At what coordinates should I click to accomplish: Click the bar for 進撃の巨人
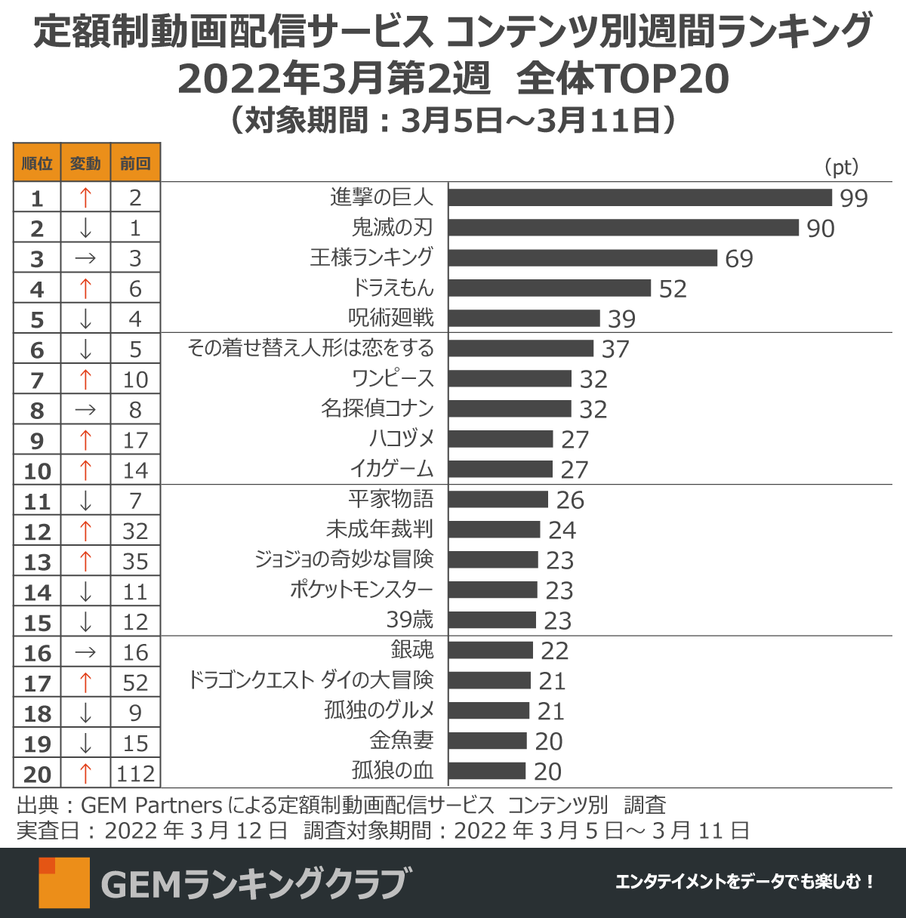639,197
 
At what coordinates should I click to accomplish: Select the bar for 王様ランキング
582,257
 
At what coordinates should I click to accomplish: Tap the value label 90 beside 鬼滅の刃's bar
820,228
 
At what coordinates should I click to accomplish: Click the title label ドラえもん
393,288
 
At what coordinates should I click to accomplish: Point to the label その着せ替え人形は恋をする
311,348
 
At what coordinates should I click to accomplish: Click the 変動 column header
85,163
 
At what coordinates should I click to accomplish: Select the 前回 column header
135,163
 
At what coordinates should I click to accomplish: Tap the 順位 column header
37,163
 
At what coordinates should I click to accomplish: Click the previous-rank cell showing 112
135,774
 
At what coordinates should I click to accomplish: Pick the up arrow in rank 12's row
85,531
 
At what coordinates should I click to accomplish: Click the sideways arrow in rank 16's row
85,652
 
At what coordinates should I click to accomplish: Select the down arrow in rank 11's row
85,501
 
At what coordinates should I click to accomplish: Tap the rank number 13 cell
37,562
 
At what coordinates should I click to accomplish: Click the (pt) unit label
840,167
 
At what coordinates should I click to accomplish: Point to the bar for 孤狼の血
487,771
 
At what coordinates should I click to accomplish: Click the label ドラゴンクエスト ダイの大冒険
311,680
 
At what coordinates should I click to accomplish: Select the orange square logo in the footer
64,882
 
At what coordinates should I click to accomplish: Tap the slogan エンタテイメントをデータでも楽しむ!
744,882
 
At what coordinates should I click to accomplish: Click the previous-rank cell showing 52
135,682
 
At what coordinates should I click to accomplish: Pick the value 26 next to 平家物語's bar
570,500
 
